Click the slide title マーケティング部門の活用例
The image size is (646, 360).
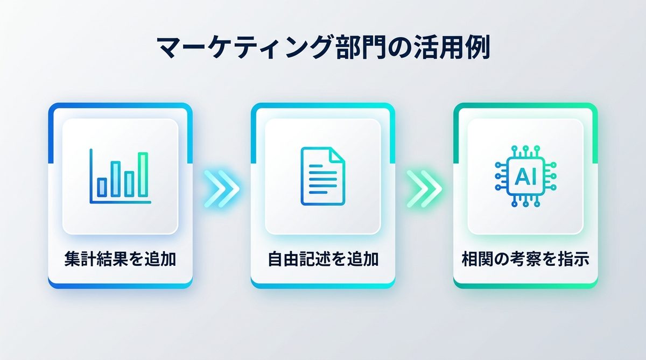tap(323, 47)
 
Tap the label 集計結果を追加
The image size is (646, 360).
tap(120, 259)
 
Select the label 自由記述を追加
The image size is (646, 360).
tap(323, 259)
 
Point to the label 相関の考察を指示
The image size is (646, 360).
tap(525, 259)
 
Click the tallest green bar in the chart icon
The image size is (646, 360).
tap(143, 175)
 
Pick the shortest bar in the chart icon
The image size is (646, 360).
tap(102, 187)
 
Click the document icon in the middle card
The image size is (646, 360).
tap(322, 176)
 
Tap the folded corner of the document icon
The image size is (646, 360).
tap(338, 154)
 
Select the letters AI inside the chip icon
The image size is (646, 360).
tap(525, 177)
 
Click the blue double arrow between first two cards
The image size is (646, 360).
tap(222, 189)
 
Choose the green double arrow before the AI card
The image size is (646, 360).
tap(424, 189)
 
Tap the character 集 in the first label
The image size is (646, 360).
tap(72, 259)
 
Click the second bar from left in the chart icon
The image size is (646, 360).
tap(116, 179)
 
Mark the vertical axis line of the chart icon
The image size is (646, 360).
tap(91, 176)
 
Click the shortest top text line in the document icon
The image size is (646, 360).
tap(316, 166)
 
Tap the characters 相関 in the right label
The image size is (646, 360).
tap(478, 259)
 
